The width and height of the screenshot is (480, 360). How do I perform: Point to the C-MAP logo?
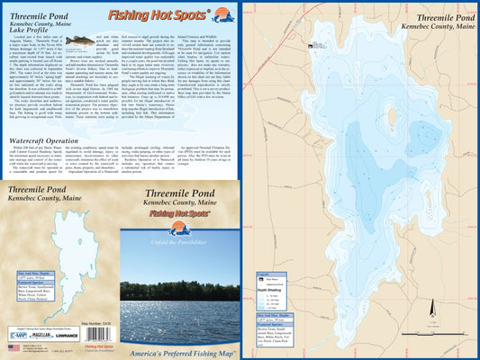(x=16, y=334)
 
